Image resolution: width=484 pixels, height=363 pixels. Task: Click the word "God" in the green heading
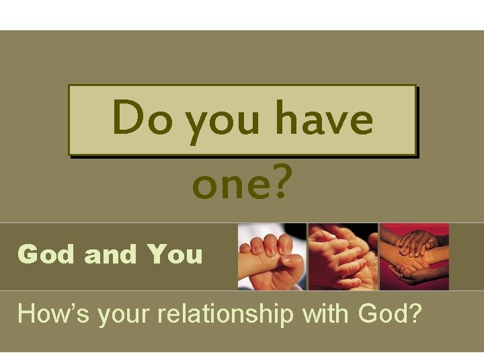coord(44,254)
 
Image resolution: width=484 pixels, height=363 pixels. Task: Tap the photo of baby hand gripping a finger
coord(272,257)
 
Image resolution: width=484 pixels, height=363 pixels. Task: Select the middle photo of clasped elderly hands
coord(343,257)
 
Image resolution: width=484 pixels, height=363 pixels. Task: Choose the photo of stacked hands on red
coord(414,257)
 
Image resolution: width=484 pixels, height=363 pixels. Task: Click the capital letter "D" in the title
coord(126,118)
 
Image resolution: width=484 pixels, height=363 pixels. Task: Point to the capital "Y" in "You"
coord(156,254)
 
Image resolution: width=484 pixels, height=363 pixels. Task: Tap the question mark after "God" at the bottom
coord(415,313)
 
